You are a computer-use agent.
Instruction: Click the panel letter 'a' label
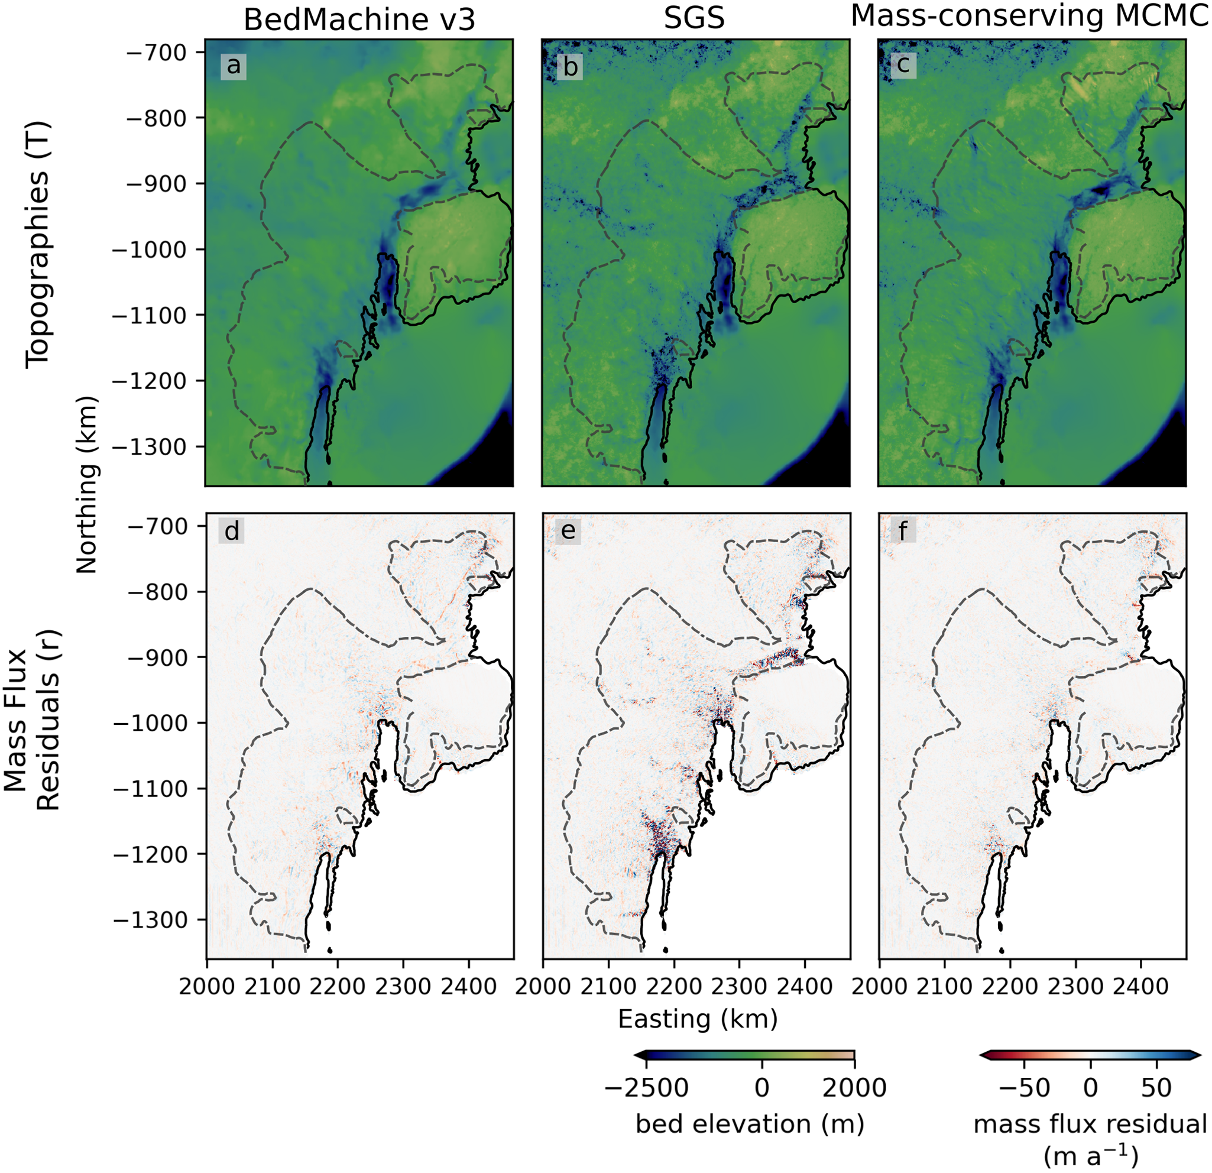233,65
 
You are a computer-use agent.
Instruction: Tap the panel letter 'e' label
568,531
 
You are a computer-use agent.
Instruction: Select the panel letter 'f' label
903,531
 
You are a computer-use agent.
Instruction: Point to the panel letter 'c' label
903,65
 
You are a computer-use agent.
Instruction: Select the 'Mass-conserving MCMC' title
1030,17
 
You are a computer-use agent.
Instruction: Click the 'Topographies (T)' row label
37,245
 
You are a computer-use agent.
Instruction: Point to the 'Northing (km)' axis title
86,485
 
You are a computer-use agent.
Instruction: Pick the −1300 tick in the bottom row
151,920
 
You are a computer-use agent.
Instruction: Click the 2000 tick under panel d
207,987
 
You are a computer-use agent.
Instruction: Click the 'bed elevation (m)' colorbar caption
750,1123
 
